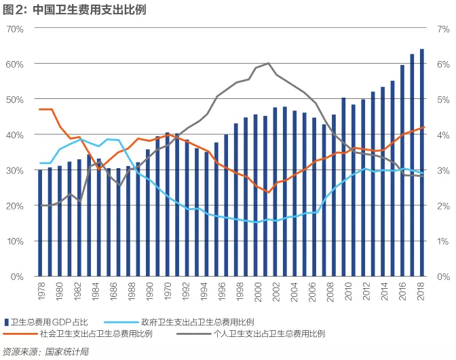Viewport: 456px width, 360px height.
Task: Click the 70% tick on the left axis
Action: (15, 29)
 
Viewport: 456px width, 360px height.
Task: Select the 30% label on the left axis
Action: (15, 170)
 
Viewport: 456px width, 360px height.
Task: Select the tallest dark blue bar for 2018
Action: (422, 163)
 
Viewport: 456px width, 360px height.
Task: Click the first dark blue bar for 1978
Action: (40, 223)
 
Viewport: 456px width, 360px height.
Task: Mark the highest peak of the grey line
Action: (269, 63)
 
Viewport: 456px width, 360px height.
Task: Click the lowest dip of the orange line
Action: (269, 193)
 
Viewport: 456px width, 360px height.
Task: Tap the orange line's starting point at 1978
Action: (40, 109)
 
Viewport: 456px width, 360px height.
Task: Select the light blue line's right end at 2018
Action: (422, 174)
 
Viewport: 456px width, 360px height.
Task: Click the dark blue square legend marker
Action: (7, 321)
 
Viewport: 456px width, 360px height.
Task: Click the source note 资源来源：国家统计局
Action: (45, 352)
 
